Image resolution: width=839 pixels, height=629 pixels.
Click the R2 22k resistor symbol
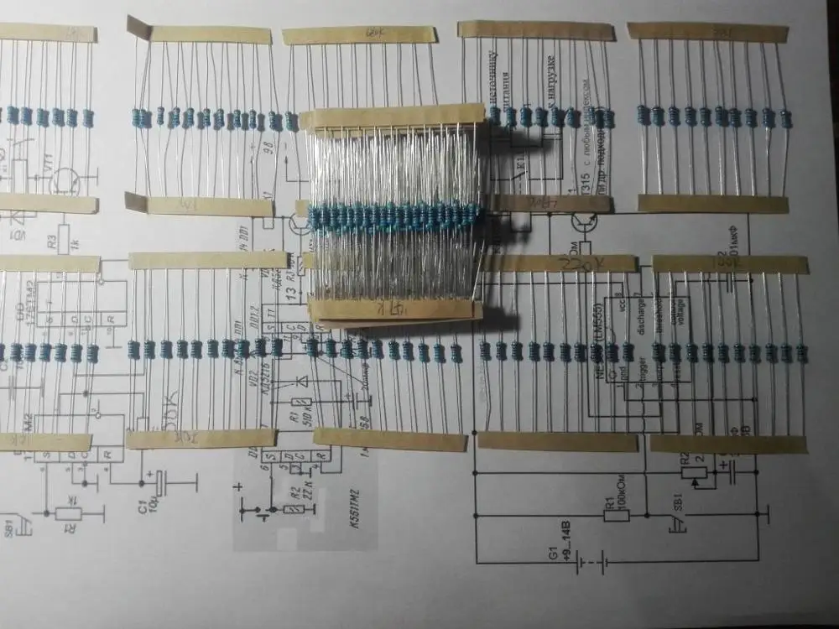pyautogui.click(x=294, y=508)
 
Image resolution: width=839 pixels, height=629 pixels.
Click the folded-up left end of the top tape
pyautogui.click(x=136, y=27)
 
